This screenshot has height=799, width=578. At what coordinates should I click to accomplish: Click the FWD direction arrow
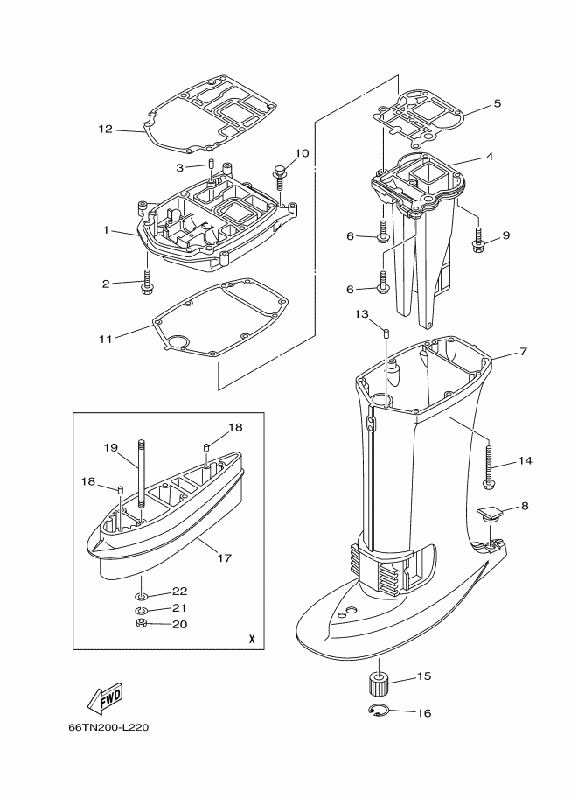(x=105, y=697)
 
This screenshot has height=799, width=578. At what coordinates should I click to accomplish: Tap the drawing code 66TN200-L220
(x=108, y=727)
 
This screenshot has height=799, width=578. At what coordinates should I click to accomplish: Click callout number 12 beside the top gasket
(x=106, y=129)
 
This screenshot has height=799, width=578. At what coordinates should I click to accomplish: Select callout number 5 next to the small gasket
(x=497, y=103)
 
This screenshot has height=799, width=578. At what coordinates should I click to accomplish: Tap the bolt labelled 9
(x=478, y=240)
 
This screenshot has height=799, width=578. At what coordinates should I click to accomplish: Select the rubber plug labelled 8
(x=489, y=513)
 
